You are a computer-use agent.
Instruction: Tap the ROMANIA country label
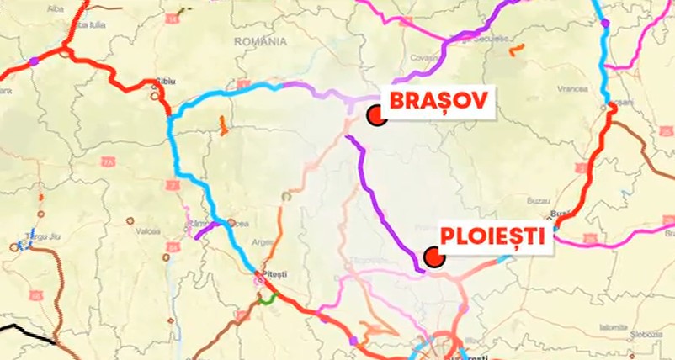coord(261,41)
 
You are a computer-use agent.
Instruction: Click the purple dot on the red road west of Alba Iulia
coord(34,61)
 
